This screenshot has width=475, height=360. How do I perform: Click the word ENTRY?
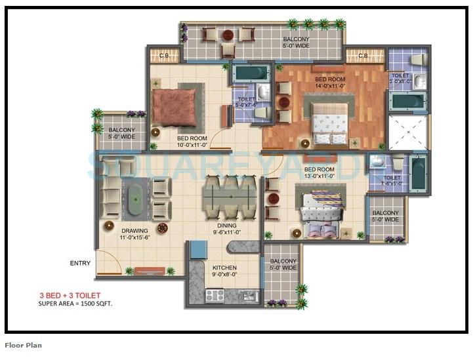[80, 264]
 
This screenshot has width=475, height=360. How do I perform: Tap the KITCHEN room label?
[224, 268]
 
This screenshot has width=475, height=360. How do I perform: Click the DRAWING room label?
[134, 231]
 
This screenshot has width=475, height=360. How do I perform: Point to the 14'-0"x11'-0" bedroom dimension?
[331, 86]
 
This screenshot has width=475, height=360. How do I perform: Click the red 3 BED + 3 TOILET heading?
[70, 296]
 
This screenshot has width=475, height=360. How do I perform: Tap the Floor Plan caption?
[23, 345]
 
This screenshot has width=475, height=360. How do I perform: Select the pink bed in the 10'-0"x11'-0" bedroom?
[175, 107]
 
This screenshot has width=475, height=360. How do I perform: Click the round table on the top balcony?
[228, 35]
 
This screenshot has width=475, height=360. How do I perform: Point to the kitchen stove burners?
[215, 296]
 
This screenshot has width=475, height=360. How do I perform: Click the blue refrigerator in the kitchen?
[198, 250]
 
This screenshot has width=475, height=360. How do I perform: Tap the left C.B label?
[163, 56]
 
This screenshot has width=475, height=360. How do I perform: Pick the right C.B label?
[362, 56]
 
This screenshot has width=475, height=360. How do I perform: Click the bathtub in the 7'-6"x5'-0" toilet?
[418, 173]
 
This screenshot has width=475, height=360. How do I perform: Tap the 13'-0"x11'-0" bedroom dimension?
[320, 176]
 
